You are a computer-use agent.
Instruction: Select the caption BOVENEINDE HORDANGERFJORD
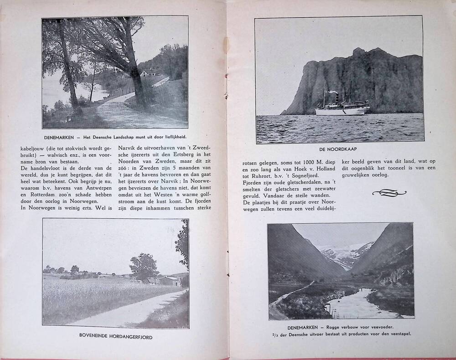[x=115, y=337]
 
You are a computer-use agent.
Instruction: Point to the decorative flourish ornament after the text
[x=390, y=193]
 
